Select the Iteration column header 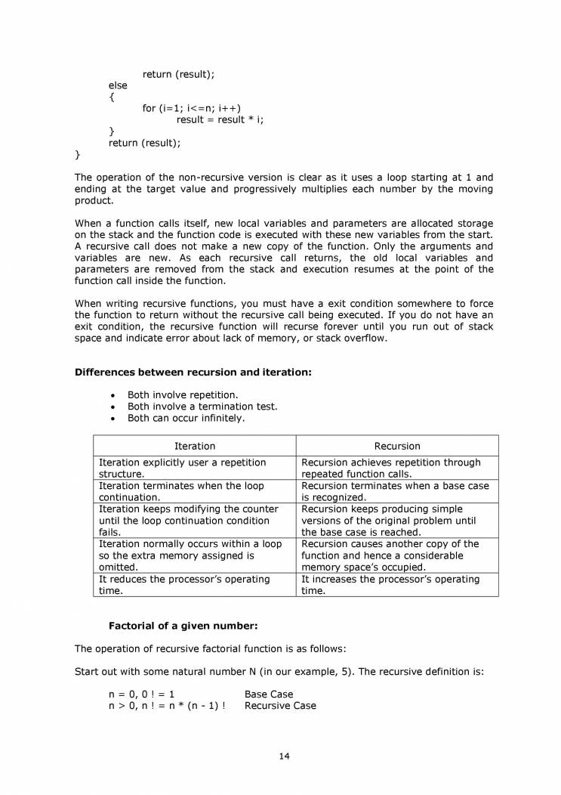click(x=195, y=446)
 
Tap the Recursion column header click(x=397, y=446)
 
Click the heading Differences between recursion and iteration click(x=193, y=372)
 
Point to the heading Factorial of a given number click(x=183, y=626)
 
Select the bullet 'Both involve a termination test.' click(x=202, y=406)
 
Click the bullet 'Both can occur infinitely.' click(x=186, y=417)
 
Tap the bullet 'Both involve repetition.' click(x=183, y=394)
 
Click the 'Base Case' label click(x=269, y=694)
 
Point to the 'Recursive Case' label click(x=280, y=706)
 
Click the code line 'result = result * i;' click(x=220, y=119)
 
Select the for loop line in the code click(x=192, y=108)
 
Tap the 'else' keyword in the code click(x=118, y=85)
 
